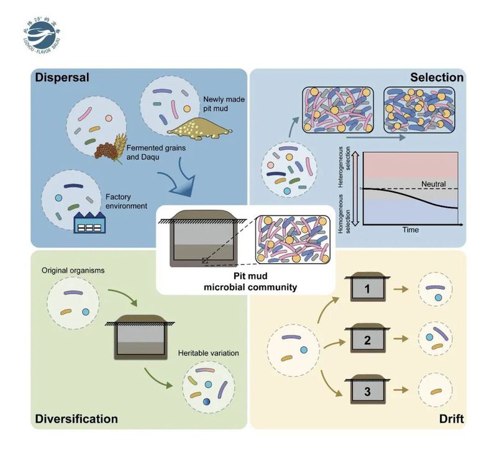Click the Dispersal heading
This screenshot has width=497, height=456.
pos(63,78)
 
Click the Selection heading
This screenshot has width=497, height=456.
pos(437,78)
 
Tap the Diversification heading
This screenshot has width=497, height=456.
pos(76,418)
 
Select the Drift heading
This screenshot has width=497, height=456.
pos(450,418)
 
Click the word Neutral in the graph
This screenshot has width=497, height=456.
pos(434,184)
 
